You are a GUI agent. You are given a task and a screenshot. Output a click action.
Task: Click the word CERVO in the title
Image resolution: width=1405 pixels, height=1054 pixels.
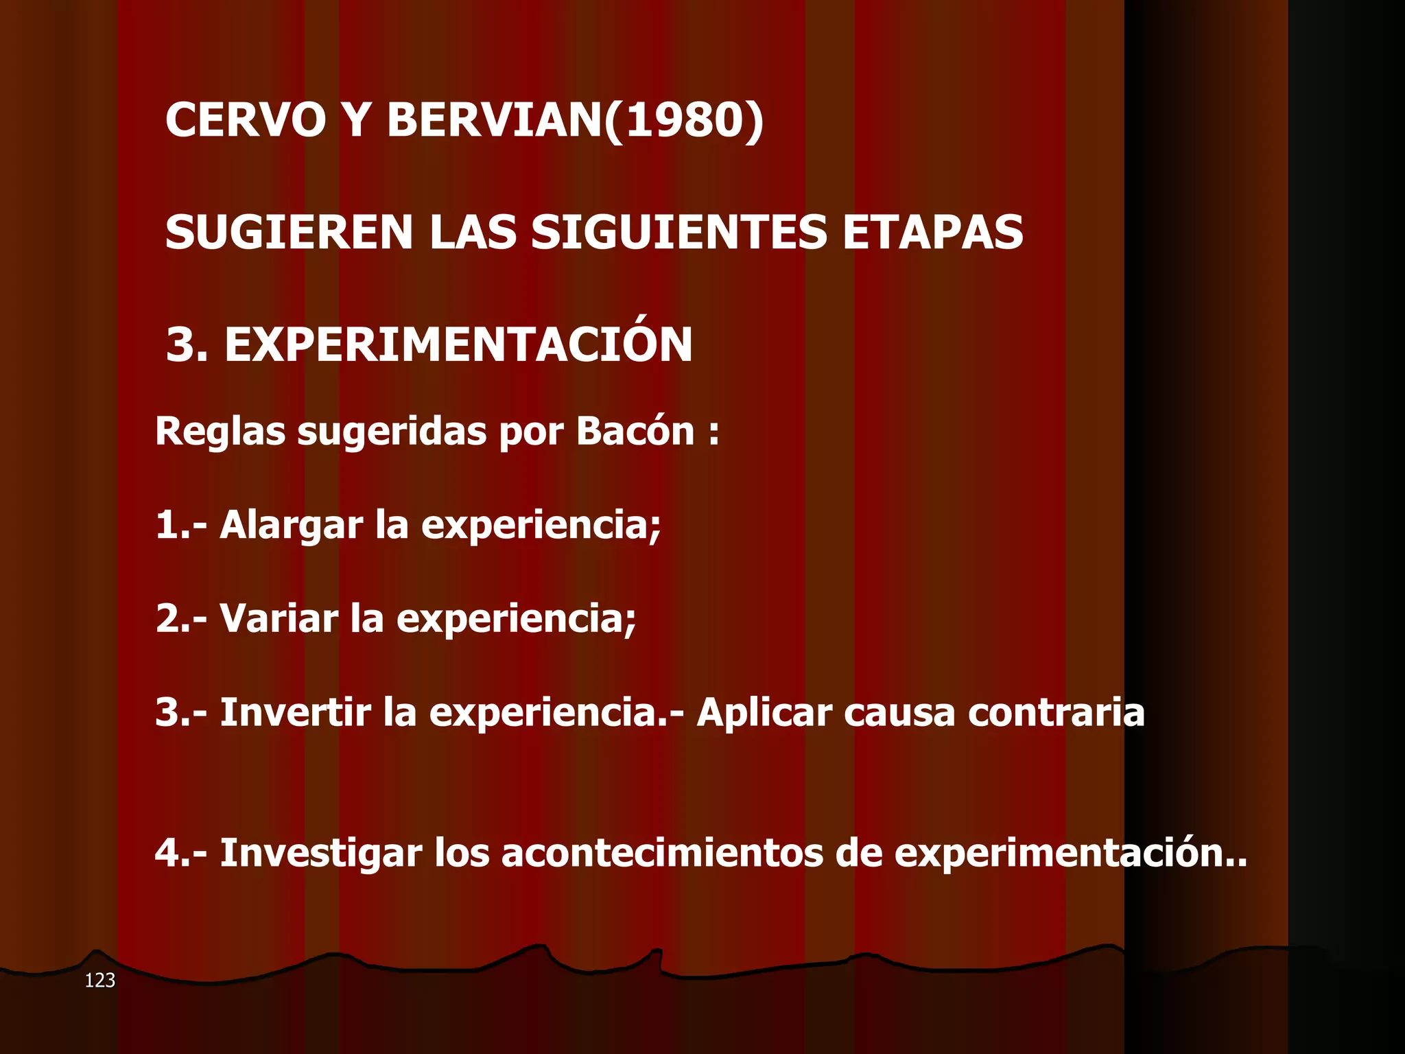(x=246, y=120)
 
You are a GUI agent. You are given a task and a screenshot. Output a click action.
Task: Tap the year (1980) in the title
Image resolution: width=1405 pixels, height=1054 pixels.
(x=683, y=120)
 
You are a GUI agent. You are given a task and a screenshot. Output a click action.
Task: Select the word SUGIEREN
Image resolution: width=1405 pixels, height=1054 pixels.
(x=289, y=232)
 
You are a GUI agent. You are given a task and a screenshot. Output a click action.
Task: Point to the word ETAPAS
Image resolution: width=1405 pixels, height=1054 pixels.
(x=932, y=232)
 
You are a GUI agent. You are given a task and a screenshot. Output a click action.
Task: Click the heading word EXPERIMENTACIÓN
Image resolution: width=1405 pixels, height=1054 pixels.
(x=458, y=344)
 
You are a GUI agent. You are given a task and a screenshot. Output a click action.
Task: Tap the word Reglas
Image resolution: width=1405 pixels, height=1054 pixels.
(x=220, y=432)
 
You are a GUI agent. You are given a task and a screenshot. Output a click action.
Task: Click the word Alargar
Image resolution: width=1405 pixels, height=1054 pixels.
(x=291, y=526)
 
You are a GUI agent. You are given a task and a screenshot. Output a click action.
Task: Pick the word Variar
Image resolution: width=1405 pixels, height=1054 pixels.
(x=279, y=618)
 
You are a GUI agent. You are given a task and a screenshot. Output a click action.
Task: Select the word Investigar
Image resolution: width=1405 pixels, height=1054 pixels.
(x=320, y=854)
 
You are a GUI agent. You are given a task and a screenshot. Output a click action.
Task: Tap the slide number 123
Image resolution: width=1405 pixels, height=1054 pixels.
(x=99, y=981)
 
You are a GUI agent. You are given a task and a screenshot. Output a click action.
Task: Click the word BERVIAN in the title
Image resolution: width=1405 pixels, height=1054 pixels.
(x=494, y=120)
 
